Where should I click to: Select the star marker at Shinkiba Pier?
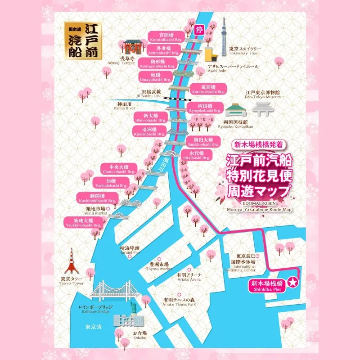point(293,283)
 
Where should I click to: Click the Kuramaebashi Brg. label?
point(207,89)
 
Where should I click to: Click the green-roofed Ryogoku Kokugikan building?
point(234,109)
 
